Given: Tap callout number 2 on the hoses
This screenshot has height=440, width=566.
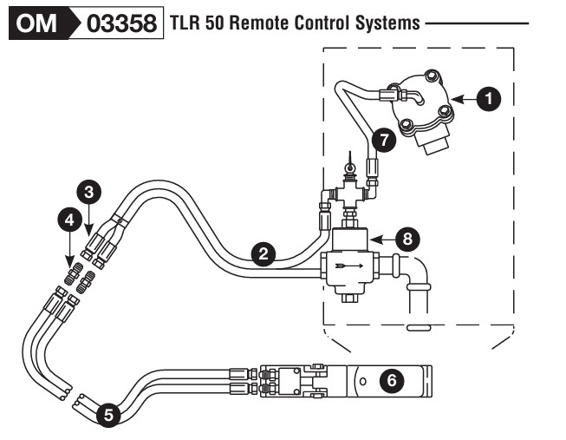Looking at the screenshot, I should pos(263,253).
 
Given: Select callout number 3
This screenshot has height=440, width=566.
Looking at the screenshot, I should pos(88,190).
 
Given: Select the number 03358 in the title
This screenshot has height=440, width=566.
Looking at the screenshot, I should pos(123,23).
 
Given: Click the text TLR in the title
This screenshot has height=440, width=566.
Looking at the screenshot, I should pos(185,23).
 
